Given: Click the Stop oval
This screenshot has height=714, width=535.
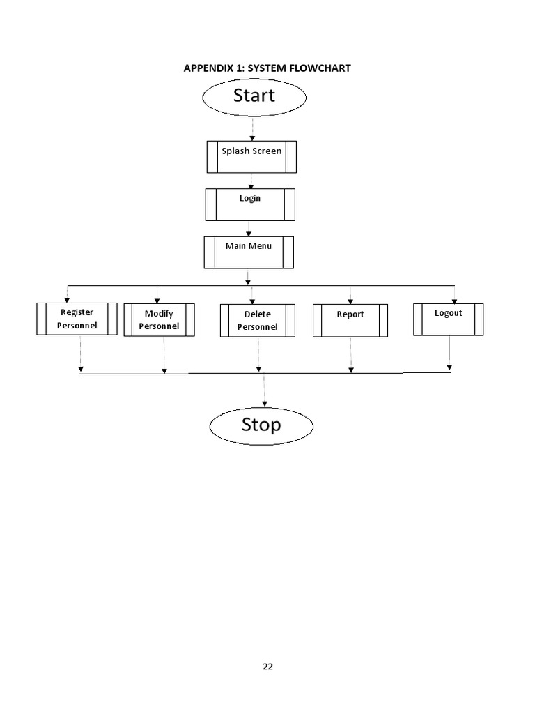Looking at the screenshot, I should pos(261,425).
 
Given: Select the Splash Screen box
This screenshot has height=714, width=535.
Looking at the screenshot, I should pos(251,157).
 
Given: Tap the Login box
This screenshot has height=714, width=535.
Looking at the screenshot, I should pos(250,204).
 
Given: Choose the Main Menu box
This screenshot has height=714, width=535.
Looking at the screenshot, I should pos(249,252).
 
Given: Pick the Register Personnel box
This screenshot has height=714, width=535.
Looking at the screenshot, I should pos(77,319).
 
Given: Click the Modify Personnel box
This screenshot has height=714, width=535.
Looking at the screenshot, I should pos(159,320).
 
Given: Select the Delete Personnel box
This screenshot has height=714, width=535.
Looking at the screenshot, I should pos(257,321).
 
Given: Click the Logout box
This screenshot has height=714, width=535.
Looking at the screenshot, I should pos(448,319).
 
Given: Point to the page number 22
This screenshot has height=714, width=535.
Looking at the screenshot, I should pos(267,667).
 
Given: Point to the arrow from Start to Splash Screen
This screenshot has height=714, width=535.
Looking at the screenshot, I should pos(252,128).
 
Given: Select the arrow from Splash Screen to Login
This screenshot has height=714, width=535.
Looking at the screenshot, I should pos(251,181).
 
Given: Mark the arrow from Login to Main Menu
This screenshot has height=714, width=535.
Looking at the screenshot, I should pos(249,228).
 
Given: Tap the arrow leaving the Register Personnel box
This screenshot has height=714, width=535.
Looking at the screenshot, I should pos(81,354).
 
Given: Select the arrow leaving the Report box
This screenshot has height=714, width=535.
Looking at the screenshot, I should pos(350,354).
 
